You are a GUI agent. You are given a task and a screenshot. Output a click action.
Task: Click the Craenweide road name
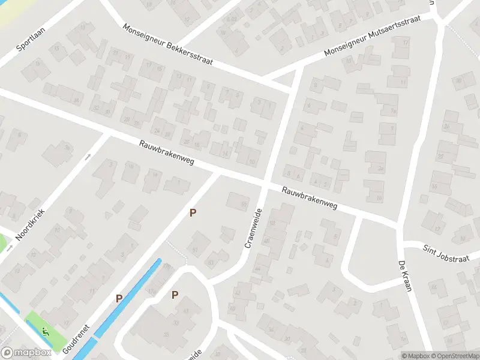[254, 229]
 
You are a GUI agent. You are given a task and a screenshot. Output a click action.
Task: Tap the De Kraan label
[406, 276]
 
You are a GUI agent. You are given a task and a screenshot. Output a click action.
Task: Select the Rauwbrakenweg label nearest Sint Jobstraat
[310, 198]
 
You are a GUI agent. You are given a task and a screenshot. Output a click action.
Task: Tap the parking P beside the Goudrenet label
[119, 298]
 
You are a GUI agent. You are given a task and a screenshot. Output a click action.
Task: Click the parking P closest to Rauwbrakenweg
[193, 212]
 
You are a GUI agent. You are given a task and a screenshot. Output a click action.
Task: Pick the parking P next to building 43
[175, 295]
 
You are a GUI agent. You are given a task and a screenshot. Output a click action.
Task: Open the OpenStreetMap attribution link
[455, 356]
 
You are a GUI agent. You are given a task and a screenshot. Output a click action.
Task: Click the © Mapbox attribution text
[416, 356]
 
